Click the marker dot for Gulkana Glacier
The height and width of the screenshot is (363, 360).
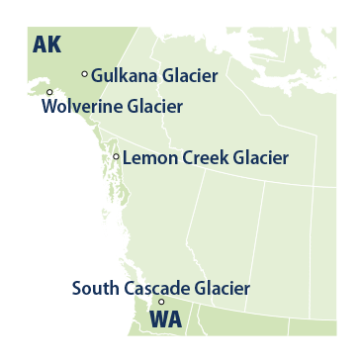pos(84,73)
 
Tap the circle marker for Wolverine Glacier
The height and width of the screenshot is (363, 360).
pos(49,92)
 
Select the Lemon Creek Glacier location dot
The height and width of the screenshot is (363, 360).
pos(116,156)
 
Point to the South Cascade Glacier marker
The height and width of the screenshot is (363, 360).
pos(161,302)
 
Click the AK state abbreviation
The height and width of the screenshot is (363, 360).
pos(46,45)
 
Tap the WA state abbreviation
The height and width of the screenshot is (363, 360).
pos(164,320)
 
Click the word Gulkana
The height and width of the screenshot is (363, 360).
pos(123,75)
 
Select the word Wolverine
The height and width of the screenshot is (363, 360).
pos(83,106)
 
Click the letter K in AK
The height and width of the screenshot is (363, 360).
pos(54,45)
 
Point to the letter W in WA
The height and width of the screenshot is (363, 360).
pos(157,320)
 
